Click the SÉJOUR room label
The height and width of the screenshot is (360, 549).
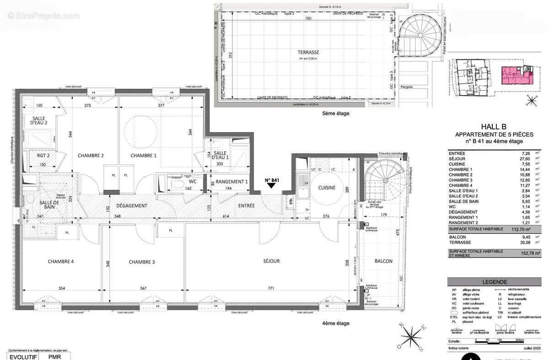pos(271,261)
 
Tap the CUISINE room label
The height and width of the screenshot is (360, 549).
pos(327,188)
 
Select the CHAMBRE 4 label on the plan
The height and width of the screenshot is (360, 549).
pos(61,262)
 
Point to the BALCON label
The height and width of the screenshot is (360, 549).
pos(383,261)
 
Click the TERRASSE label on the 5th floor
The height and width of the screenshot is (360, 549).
pos(307,53)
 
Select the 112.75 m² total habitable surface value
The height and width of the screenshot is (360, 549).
pos(522,229)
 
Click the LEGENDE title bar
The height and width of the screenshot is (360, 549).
pos(494,282)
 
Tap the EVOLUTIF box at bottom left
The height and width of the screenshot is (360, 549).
pos(21,356)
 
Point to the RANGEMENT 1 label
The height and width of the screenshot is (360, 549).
pos(231,182)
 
